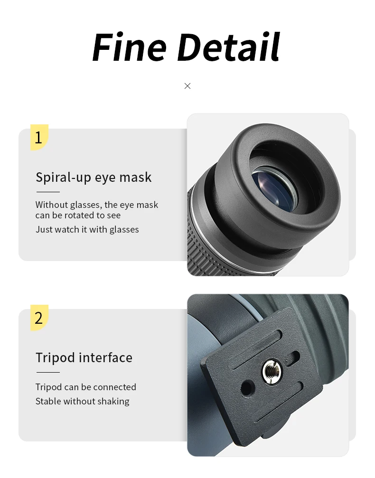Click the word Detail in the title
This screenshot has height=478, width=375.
point(228,47)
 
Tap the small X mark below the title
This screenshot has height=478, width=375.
point(187,86)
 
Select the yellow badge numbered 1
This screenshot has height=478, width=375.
point(39,137)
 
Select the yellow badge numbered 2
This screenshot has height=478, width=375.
point(39,318)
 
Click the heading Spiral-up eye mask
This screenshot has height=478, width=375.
point(94,178)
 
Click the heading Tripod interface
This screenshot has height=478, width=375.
point(84,357)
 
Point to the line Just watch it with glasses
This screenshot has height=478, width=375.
point(87,229)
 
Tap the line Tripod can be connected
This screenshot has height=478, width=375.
point(85,387)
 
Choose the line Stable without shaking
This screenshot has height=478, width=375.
point(82,401)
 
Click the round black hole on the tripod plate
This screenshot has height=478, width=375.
point(248,388)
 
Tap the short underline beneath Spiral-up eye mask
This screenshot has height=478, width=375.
point(48,192)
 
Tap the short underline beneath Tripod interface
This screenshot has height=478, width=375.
point(48,372)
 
